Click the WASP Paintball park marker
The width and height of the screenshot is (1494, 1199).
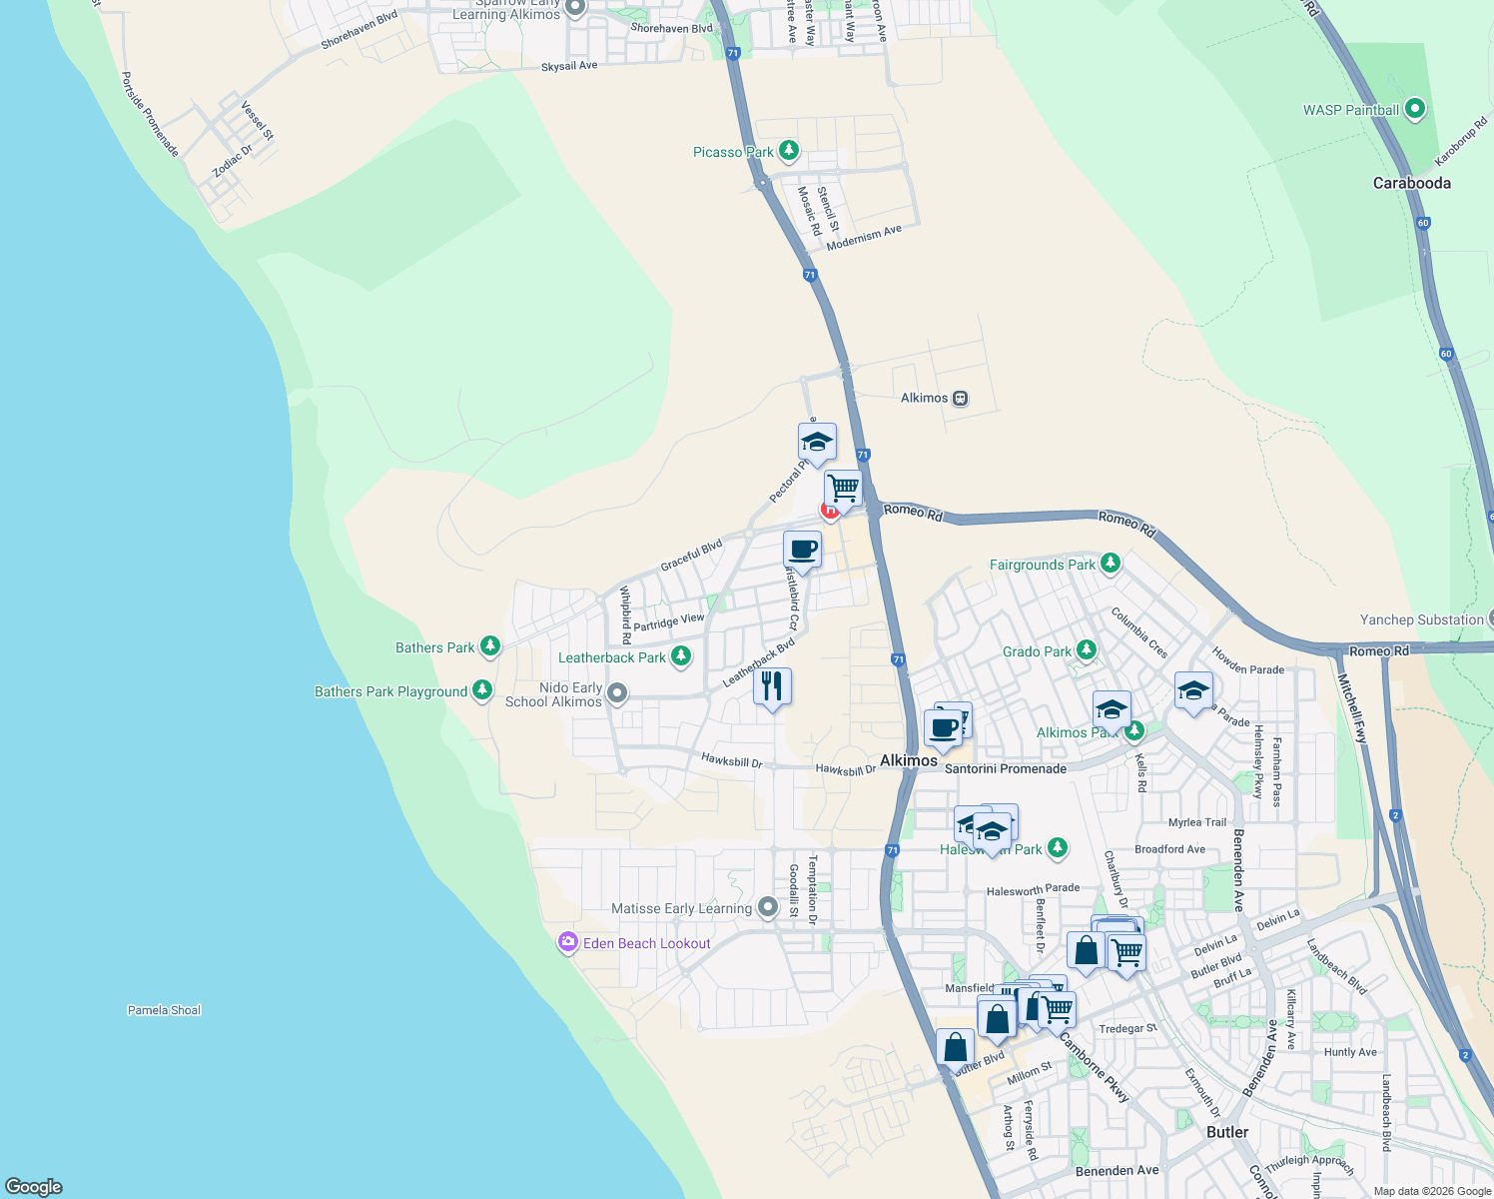point(1414,109)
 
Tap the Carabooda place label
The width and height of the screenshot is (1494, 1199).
point(1411,183)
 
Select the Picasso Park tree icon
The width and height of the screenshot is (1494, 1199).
point(789,151)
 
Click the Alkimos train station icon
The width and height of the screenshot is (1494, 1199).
point(960,398)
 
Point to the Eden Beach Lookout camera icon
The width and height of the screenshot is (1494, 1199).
point(568,942)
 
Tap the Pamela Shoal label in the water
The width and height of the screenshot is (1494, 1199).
point(164,1010)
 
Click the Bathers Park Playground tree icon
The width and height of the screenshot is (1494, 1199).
point(482,690)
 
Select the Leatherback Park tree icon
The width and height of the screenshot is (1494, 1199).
point(681,656)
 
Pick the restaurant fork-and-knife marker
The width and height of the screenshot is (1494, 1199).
point(772,686)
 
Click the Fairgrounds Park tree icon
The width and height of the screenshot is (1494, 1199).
point(1110,565)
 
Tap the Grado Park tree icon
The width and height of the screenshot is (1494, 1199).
point(1086,650)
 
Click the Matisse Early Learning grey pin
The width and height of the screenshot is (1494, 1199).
point(767,907)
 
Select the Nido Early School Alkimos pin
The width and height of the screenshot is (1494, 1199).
point(617,693)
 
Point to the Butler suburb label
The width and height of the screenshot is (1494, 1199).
point(1227,1132)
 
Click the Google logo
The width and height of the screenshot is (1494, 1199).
point(34,1186)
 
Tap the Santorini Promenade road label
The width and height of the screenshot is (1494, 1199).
point(1005,768)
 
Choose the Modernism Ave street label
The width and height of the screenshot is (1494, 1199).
point(864,237)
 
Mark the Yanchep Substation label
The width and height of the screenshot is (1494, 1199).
point(1421,619)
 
